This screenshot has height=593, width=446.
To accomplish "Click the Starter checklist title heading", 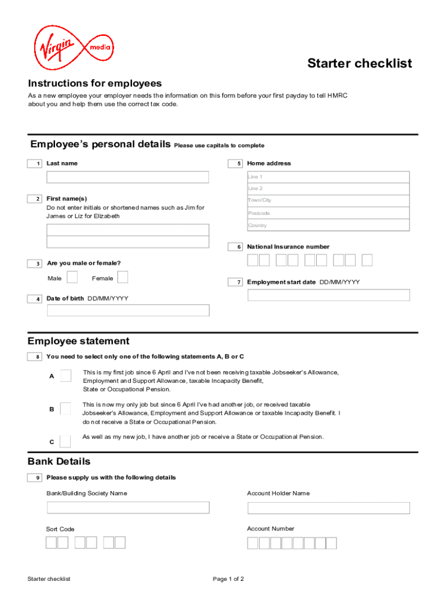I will coord(359,63).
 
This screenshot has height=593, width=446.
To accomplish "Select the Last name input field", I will coord(127,177).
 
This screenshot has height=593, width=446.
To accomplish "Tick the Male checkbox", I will coord(72,278).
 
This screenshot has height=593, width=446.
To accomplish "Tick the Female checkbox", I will coord(123,278).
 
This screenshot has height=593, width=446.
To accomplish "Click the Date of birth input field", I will coord(127,310).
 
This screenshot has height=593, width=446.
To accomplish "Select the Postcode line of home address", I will coord(328,213).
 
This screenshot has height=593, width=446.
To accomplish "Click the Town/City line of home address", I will coord(328,200).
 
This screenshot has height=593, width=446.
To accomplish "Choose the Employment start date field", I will coord(328,295).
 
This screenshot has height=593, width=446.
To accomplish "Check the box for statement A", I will coord(66,376).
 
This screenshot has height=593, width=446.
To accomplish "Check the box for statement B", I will coord(65,409).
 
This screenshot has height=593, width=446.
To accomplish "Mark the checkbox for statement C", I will coord(65,441).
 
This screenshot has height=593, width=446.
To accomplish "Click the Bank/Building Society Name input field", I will coord(127,508).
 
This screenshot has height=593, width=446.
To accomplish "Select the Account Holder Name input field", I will coord(328,508).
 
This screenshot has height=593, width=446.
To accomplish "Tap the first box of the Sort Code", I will coord(52,543).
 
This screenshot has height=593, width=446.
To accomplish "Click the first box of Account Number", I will coord(253,543).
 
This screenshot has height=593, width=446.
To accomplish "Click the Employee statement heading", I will coord(79,341).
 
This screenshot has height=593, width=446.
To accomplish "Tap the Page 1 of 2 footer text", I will coord(228,579).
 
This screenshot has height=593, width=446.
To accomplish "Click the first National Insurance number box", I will coord(253,261).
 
